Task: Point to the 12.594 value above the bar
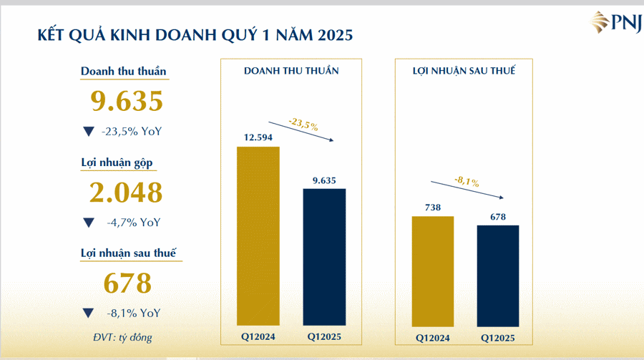tap(258, 137)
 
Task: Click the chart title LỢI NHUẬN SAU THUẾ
tap(464, 71)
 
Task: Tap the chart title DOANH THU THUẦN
tap(291, 71)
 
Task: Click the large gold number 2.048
tap(126, 193)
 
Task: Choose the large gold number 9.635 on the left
tap(127, 102)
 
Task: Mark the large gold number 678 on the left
tap(127, 283)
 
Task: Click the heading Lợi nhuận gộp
tap(116, 162)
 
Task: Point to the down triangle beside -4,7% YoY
tap(88, 223)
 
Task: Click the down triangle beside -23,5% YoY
tap(88, 132)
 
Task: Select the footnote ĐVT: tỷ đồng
tap(121, 336)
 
